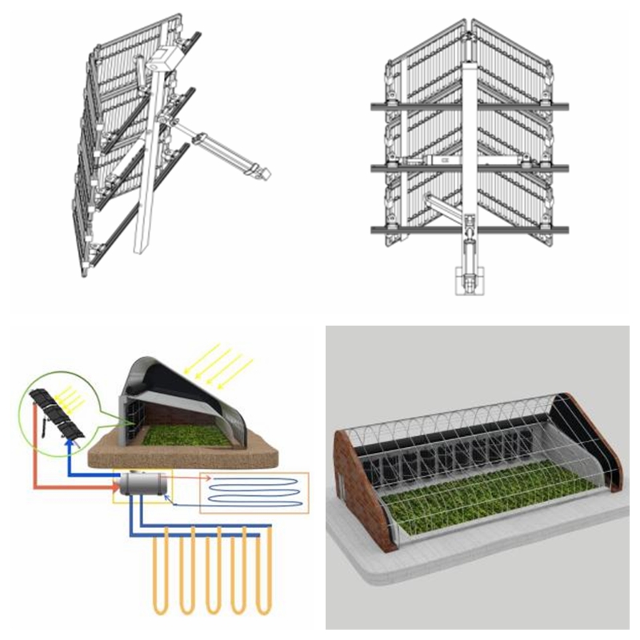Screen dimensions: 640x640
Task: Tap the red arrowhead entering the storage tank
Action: pyautogui.click(x=115, y=485)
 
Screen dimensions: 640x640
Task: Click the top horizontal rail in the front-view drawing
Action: pyautogui.click(x=470, y=106)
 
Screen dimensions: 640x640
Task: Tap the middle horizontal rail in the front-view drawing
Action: pyautogui.click(x=470, y=167)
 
